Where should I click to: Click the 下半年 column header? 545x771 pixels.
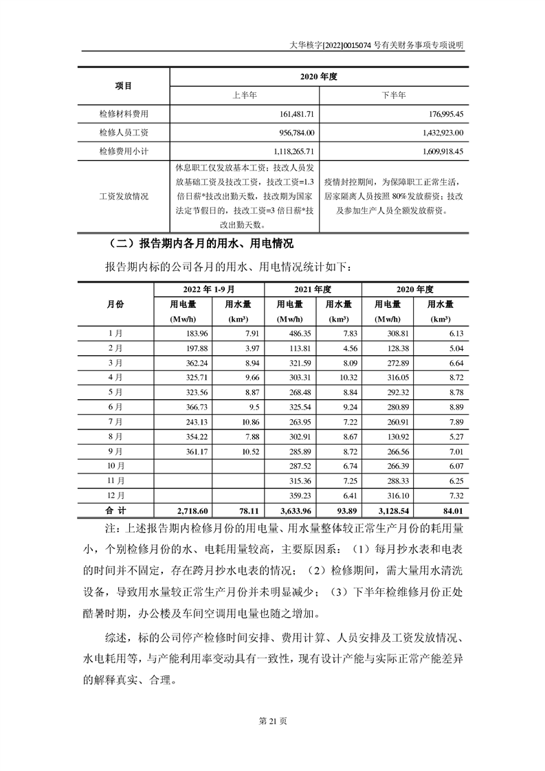394,95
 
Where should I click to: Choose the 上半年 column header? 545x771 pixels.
245,95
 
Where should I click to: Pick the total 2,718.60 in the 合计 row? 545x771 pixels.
191,511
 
